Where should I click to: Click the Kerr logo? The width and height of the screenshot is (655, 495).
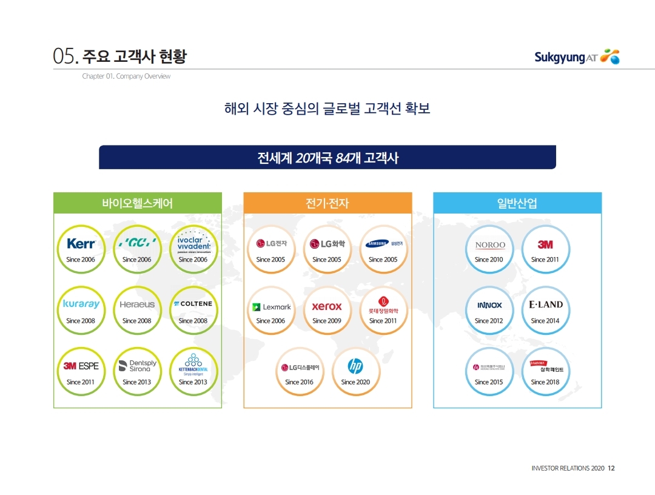pos(81,244)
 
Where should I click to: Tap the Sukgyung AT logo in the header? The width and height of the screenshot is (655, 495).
pos(576,57)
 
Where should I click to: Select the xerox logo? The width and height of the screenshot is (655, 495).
pos(327,306)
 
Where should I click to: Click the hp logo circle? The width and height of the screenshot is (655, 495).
pos(355,366)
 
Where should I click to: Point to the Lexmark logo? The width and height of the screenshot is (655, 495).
pos(271,307)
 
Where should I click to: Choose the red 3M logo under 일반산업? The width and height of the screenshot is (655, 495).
pos(545,244)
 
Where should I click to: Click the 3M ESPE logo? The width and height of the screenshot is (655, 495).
pos(81,366)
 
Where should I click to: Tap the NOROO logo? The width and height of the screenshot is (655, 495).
pos(489,245)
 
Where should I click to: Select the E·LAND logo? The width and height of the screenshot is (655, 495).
pos(545,305)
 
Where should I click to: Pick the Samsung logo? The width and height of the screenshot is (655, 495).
pos(383,244)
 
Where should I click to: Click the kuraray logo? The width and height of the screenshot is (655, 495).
pos(81,304)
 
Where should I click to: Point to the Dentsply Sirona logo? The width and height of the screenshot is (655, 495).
pos(137,365)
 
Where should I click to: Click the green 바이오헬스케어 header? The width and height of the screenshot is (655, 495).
pos(138,203)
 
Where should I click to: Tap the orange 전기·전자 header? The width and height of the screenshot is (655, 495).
pos(327,203)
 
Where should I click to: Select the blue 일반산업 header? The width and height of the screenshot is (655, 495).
pos(517,203)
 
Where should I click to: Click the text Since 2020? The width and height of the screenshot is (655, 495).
pos(355,382)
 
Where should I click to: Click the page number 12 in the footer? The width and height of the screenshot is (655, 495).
pos(611,468)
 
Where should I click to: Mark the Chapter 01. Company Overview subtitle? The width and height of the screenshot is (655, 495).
pos(126,76)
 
